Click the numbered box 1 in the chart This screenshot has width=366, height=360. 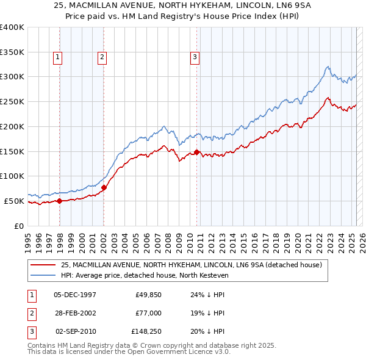(58, 57)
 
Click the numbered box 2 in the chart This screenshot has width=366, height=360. (102, 57)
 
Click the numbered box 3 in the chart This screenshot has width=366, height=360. (195, 57)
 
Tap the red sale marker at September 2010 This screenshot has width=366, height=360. (197, 152)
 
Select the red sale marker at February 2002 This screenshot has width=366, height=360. (104, 187)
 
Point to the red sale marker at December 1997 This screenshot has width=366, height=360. (60, 201)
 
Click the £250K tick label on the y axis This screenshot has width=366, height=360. (12, 101)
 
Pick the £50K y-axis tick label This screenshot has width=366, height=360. (14, 201)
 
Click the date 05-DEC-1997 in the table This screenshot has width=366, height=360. (75, 295)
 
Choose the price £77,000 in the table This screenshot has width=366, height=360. (148, 313)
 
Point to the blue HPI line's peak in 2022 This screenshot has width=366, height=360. (328, 67)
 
